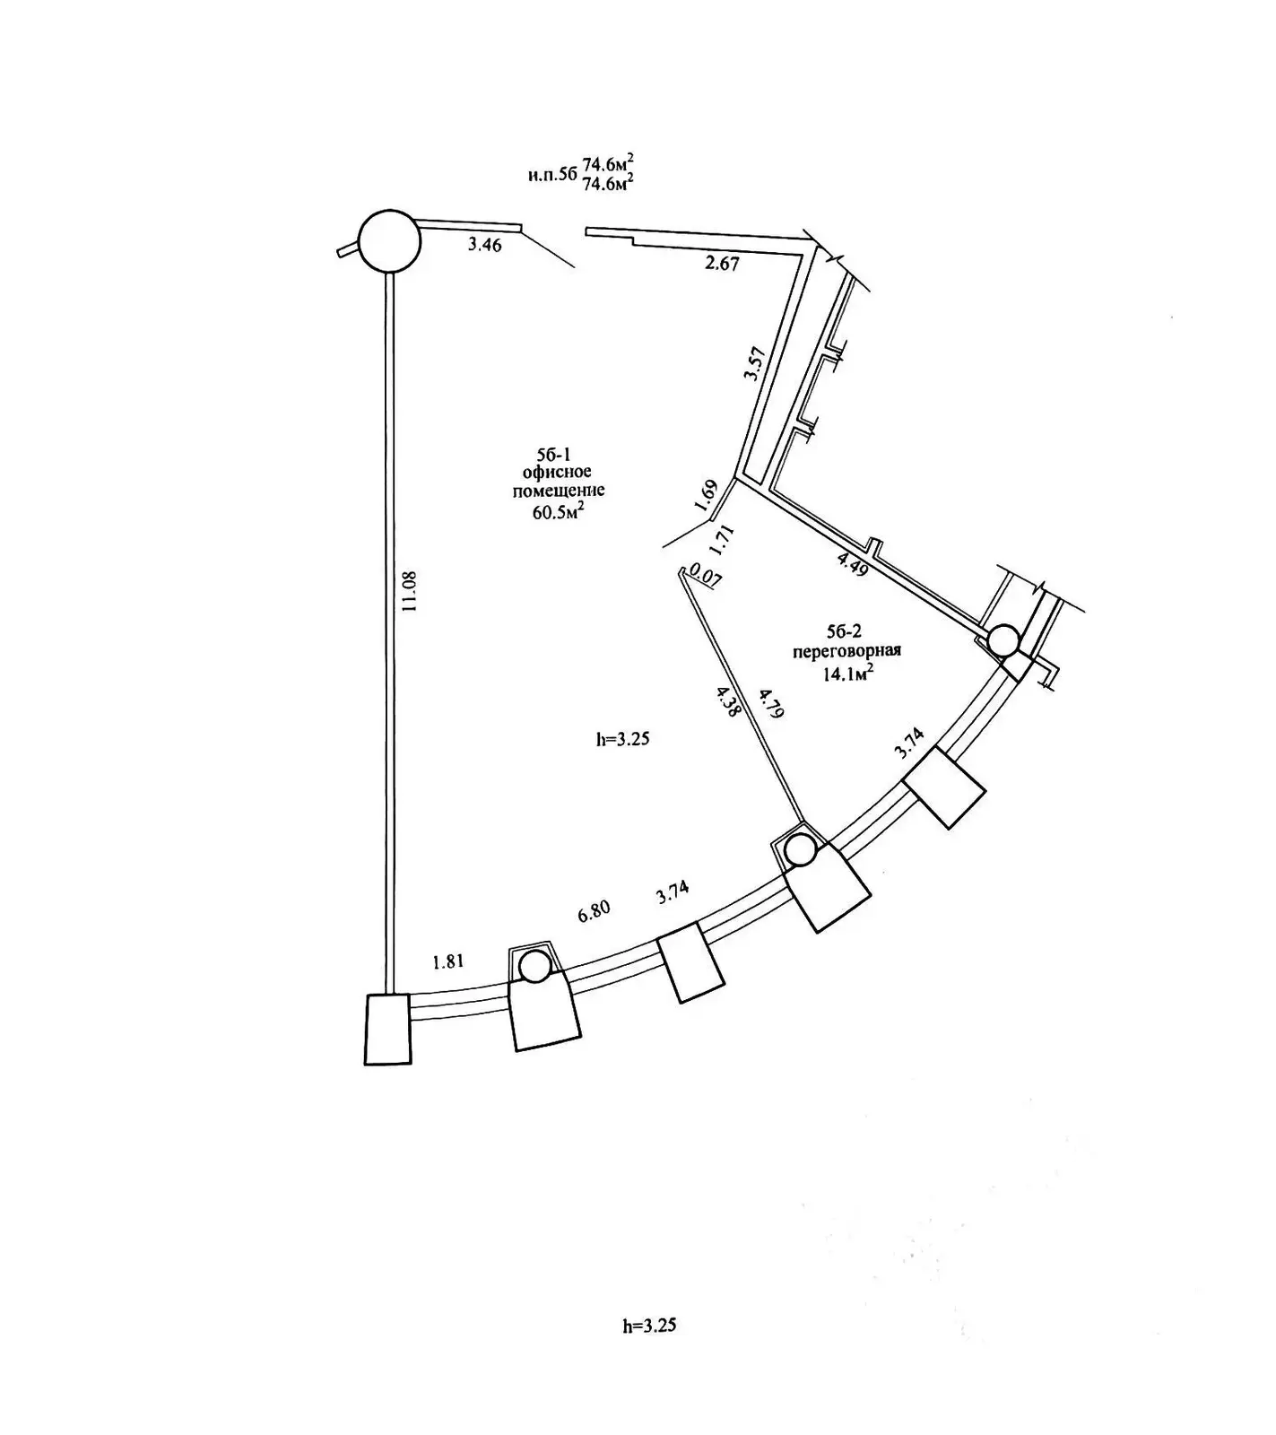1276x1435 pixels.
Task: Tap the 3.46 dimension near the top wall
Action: point(484,244)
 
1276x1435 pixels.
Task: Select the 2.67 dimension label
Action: point(722,263)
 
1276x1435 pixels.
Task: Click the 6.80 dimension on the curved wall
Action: point(594,909)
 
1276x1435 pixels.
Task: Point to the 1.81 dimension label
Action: point(447,961)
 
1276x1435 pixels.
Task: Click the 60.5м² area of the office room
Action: point(559,510)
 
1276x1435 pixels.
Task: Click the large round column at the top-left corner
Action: point(388,240)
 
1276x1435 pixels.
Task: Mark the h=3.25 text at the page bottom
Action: point(648,1326)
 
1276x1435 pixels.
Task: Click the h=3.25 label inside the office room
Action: point(621,740)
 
